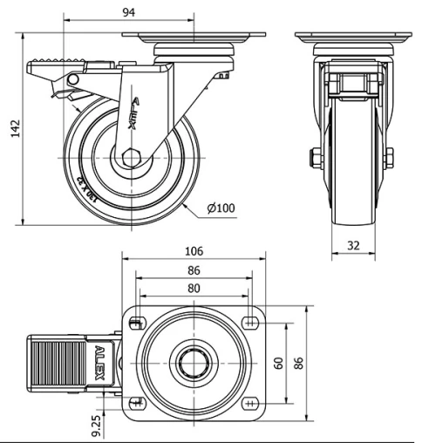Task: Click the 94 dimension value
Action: (x=129, y=12)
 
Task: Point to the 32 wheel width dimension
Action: (x=354, y=247)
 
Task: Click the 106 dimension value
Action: (x=194, y=250)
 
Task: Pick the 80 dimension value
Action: (x=194, y=289)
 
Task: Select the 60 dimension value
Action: (x=279, y=363)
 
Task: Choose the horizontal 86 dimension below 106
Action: (x=194, y=270)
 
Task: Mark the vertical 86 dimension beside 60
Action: (x=299, y=363)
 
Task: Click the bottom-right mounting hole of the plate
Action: (x=251, y=403)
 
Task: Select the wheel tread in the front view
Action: (x=353, y=174)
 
